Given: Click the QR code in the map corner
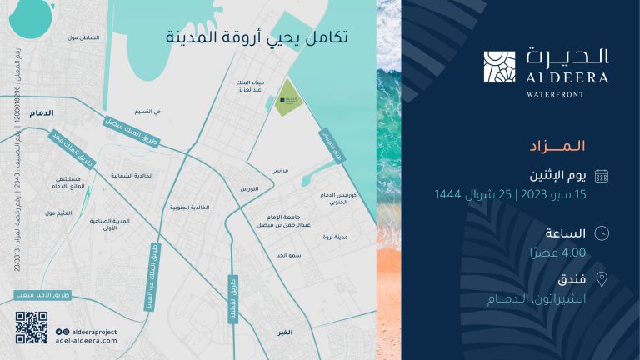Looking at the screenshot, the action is (32, 327).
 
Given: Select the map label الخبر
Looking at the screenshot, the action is (286, 332).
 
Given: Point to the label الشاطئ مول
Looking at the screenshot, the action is (82, 37).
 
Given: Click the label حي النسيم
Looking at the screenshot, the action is (147, 111).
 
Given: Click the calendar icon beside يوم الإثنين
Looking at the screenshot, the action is (602, 175).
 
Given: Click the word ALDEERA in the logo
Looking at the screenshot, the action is (567, 77).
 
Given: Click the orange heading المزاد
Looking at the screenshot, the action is (557, 146).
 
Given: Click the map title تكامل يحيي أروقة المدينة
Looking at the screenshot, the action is (255, 38).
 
